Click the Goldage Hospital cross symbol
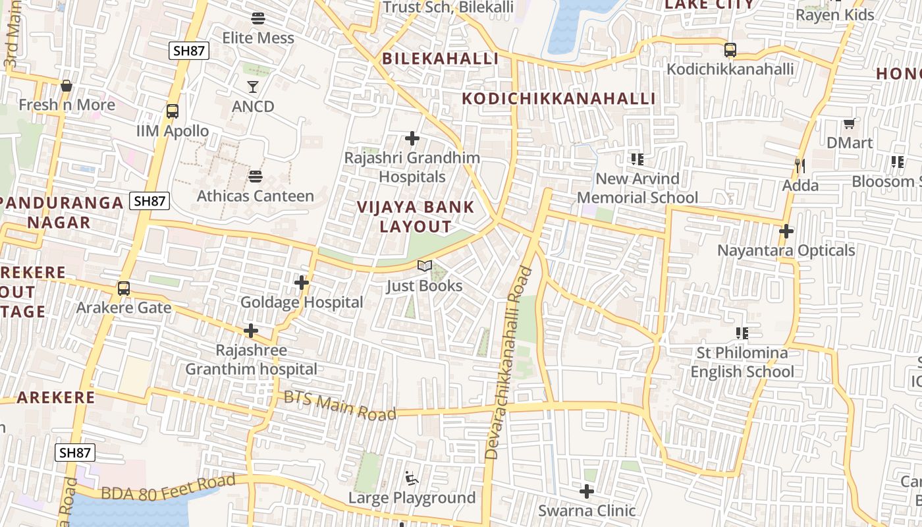[x=302, y=283]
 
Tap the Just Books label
[x=424, y=286]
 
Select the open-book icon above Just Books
[x=425, y=266]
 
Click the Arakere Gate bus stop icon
[x=124, y=289]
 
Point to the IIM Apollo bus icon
[x=173, y=111]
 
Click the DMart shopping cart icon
[x=850, y=123]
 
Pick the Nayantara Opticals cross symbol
[x=786, y=231]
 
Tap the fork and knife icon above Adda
[x=800, y=165]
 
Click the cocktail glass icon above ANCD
[x=253, y=86]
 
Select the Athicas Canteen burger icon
[x=256, y=177]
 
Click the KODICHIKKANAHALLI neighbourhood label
[x=558, y=99]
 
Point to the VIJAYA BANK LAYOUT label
[x=416, y=217]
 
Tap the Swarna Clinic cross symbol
[x=587, y=491]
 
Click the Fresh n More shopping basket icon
[x=66, y=86]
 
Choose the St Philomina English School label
[x=742, y=362]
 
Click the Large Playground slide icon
[x=412, y=478]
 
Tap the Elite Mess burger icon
[x=258, y=18]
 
